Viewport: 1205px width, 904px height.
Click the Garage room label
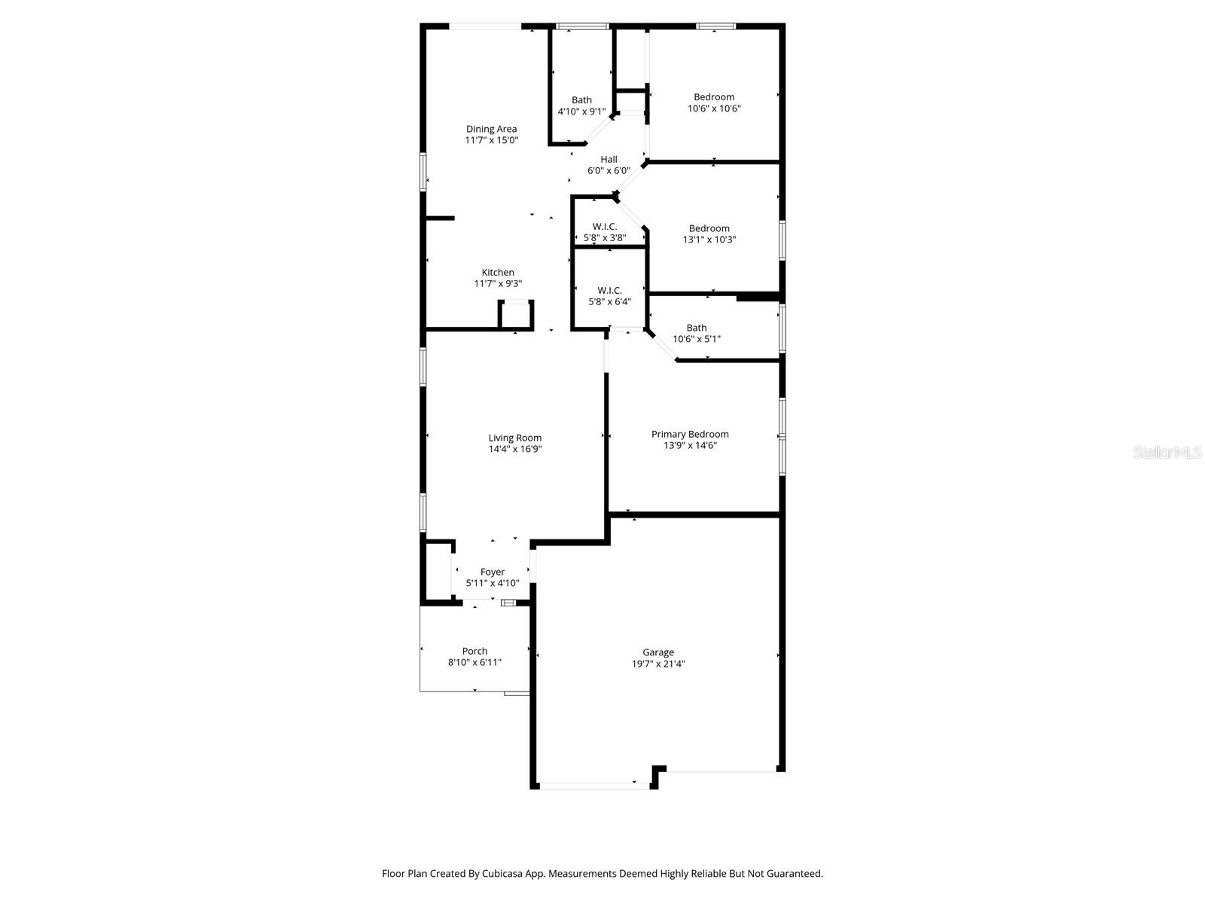pos(657,652)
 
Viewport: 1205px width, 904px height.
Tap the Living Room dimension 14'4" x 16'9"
pos(514,449)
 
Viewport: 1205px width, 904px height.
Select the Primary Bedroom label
pos(690,434)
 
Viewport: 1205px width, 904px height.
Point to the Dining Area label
pos(491,129)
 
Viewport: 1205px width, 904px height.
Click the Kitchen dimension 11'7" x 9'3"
pos(498,284)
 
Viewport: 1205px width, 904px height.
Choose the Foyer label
pos(493,572)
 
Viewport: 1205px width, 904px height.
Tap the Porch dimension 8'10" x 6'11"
pos(474,663)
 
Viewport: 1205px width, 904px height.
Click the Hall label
pos(609,159)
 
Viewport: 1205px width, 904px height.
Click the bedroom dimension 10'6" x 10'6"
pos(714,108)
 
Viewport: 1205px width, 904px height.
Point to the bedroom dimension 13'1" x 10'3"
pos(709,240)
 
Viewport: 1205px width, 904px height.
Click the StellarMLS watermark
pos(1167,452)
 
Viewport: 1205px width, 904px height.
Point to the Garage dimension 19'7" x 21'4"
pos(657,664)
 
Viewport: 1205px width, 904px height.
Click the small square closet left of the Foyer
pos(438,571)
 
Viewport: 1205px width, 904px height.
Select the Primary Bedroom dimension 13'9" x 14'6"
pos(690,445)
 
